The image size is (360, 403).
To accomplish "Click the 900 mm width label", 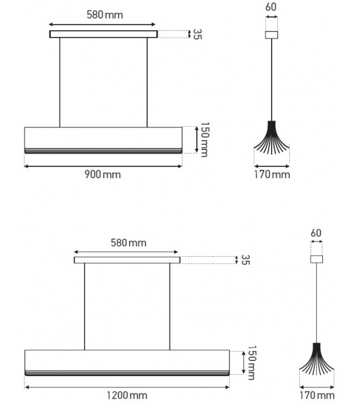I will click(x=102, y=175).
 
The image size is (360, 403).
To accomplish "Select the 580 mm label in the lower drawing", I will click(x=128, y=242).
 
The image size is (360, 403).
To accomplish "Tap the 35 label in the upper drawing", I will click(x=197, y=34).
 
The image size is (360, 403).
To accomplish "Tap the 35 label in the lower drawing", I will click(x=245, y=259).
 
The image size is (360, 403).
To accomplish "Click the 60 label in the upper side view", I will click(x=271, y=8).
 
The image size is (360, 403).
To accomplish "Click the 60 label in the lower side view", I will click(x=315, y=233).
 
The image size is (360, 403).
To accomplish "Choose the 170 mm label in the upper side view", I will click(x=272, y=175).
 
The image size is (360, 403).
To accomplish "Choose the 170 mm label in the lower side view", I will click(x=316, y=395).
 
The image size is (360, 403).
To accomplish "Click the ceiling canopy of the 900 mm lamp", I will click(x=103, y=34).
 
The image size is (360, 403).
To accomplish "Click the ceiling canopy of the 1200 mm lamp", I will click(x=127, y=260).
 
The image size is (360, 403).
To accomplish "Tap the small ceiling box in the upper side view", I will click(x=271, y=36).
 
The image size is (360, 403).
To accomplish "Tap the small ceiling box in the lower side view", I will click(x=316, y=259).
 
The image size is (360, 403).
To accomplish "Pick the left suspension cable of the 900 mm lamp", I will click(x=60, y=82).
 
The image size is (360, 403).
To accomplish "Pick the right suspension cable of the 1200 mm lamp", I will click(x=169, y=306).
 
